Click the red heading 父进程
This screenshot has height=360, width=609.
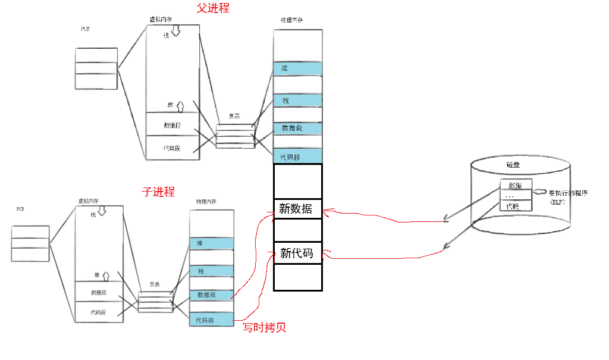pos(212,8)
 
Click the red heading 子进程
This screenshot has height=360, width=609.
pos(158,192)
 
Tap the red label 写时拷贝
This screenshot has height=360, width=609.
pos(265,327)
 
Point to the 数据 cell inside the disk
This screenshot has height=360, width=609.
pos(516,185)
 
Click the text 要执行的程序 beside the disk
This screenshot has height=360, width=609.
pos(569,193)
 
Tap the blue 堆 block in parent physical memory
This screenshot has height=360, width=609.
pos(298,68)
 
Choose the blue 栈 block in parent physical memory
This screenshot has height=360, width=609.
pos(298,101)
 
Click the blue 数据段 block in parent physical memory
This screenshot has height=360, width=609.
pos(298,129)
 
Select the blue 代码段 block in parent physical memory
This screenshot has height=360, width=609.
pos(298,157)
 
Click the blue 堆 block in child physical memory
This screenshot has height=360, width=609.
pos(211,243)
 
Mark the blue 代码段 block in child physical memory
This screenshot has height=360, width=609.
pos(211,320)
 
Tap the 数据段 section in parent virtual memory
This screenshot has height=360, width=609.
pos(173,125)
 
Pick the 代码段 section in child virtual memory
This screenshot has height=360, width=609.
pos(99,312)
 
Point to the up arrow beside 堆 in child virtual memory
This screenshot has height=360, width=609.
pos(106,275)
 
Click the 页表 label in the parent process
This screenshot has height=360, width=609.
pos(234,117)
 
